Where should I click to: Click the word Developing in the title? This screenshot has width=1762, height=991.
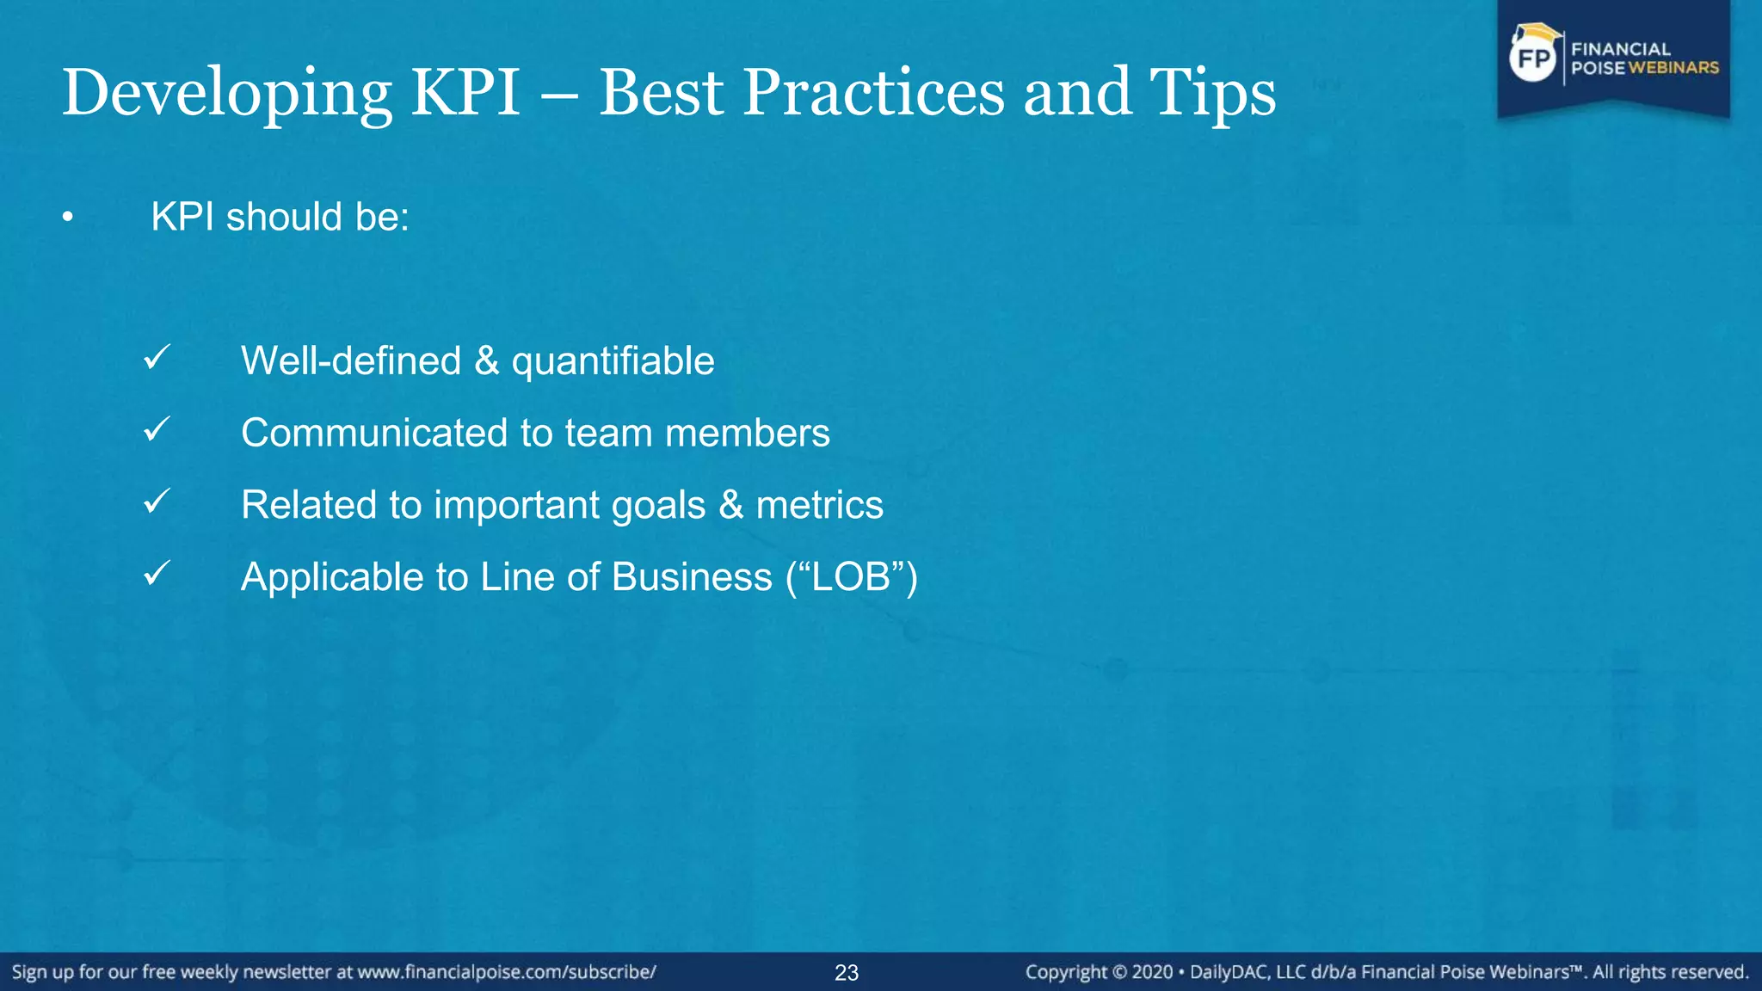(x=227, y=93)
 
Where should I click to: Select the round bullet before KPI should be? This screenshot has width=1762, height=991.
(x=68, y=219)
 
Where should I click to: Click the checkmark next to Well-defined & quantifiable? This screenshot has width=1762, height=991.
(x=157, y=357)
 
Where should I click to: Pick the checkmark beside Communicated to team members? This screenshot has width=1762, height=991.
(x=157, y=428)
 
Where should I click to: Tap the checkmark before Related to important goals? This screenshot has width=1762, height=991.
(x=157, y=501)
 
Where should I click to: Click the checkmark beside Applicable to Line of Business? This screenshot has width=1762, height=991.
(x=157, y=573)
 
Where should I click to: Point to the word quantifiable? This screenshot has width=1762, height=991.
(x=613, y=361)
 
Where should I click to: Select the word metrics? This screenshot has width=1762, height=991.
(x=819, y=505)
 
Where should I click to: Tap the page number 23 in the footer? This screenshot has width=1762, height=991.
(x=847, y=973)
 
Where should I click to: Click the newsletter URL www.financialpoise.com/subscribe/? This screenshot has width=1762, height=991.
(x=507, y=972)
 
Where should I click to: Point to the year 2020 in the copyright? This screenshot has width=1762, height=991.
(x=1152, y=972)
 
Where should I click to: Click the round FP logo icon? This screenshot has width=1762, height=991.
(x=1534, y=58)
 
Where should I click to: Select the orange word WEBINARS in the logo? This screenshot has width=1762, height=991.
(x=1673, y=68)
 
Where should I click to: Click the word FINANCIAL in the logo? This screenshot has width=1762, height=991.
(x=1621, y=49)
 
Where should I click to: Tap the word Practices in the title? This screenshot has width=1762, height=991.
(x=873, y=93)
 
